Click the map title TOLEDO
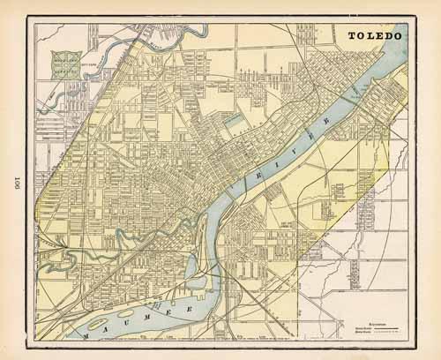[376, 36]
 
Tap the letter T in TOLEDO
[352, 36]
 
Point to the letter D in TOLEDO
[389, 36]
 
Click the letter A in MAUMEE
[99, 324]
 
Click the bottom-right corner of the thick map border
[412, 341]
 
